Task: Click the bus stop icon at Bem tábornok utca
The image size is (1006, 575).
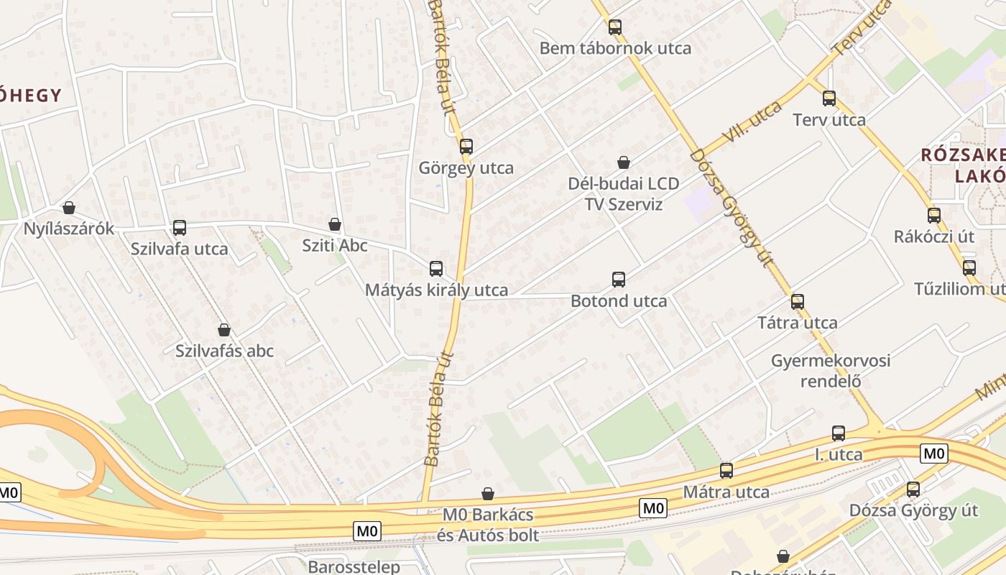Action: (614, 28)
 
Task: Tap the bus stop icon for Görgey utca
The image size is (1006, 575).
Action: (466, 147)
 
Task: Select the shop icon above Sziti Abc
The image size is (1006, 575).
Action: (334, 224)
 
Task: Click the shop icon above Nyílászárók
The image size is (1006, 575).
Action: (69, 208)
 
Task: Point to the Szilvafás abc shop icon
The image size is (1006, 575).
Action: (224, 330)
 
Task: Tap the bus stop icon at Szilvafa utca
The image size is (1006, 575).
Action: (180, 228)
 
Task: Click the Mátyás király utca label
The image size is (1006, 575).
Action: (436, 290)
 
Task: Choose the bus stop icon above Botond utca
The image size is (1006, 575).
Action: (619, 280)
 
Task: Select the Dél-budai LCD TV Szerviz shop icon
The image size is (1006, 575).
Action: (624, 162)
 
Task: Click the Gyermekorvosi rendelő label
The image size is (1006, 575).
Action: (830, 370)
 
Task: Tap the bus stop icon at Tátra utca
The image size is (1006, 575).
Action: (797, 302)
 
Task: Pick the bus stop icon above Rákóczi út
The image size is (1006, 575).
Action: (933, 216)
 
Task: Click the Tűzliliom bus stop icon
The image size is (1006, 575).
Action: (969, 268)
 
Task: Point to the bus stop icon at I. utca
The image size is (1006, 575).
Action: (839, 433)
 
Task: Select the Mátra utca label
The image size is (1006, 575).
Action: (726, 492)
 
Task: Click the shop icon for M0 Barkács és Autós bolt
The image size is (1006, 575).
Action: (488, 494)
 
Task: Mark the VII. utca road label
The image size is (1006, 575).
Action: (754, 120)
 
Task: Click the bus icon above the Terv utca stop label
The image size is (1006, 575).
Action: (829, 98)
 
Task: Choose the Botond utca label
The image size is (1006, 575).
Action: (619, 301)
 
